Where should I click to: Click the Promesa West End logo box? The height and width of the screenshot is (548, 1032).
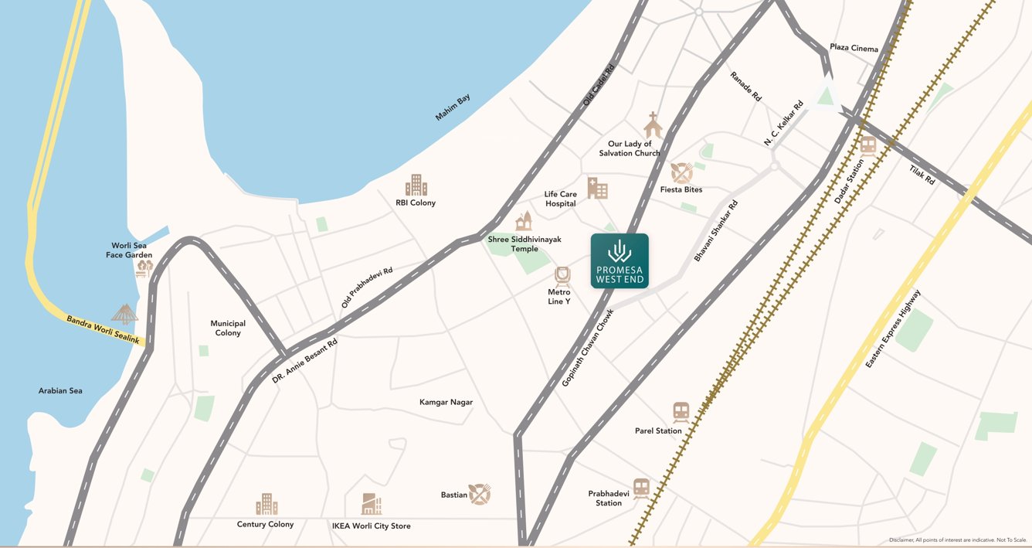point(620,261)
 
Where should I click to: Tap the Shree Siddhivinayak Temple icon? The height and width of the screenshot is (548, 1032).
point(524,221)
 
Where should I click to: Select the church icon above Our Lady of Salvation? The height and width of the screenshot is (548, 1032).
point(653,125)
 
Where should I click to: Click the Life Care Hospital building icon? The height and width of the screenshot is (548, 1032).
point(597,188)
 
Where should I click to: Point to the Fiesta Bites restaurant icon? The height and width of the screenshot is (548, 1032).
point(681,172)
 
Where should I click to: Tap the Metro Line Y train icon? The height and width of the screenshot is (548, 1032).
point(562,277)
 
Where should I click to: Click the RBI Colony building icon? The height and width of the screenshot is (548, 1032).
point(416,186)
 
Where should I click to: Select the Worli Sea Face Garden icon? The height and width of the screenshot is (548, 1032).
point(144,267)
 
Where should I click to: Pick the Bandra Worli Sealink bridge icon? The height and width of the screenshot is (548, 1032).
point(124,313)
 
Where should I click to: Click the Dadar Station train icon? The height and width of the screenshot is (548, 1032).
point(868,146)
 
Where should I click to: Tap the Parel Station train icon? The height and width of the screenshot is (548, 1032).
point(681,412)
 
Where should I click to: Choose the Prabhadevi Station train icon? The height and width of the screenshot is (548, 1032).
point(641,487)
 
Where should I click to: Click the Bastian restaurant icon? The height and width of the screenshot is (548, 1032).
point(480,494)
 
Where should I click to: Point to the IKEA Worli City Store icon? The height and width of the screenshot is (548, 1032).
point(372,505)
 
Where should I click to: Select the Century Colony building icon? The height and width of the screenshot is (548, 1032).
point(266,505)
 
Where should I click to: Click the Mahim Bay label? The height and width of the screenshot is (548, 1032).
point(453,107)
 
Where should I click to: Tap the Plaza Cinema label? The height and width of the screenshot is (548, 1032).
point(854,48)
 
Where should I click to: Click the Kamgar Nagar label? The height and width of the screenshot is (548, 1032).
point(446,402)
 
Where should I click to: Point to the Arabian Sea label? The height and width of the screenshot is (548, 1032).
point(60,391)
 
